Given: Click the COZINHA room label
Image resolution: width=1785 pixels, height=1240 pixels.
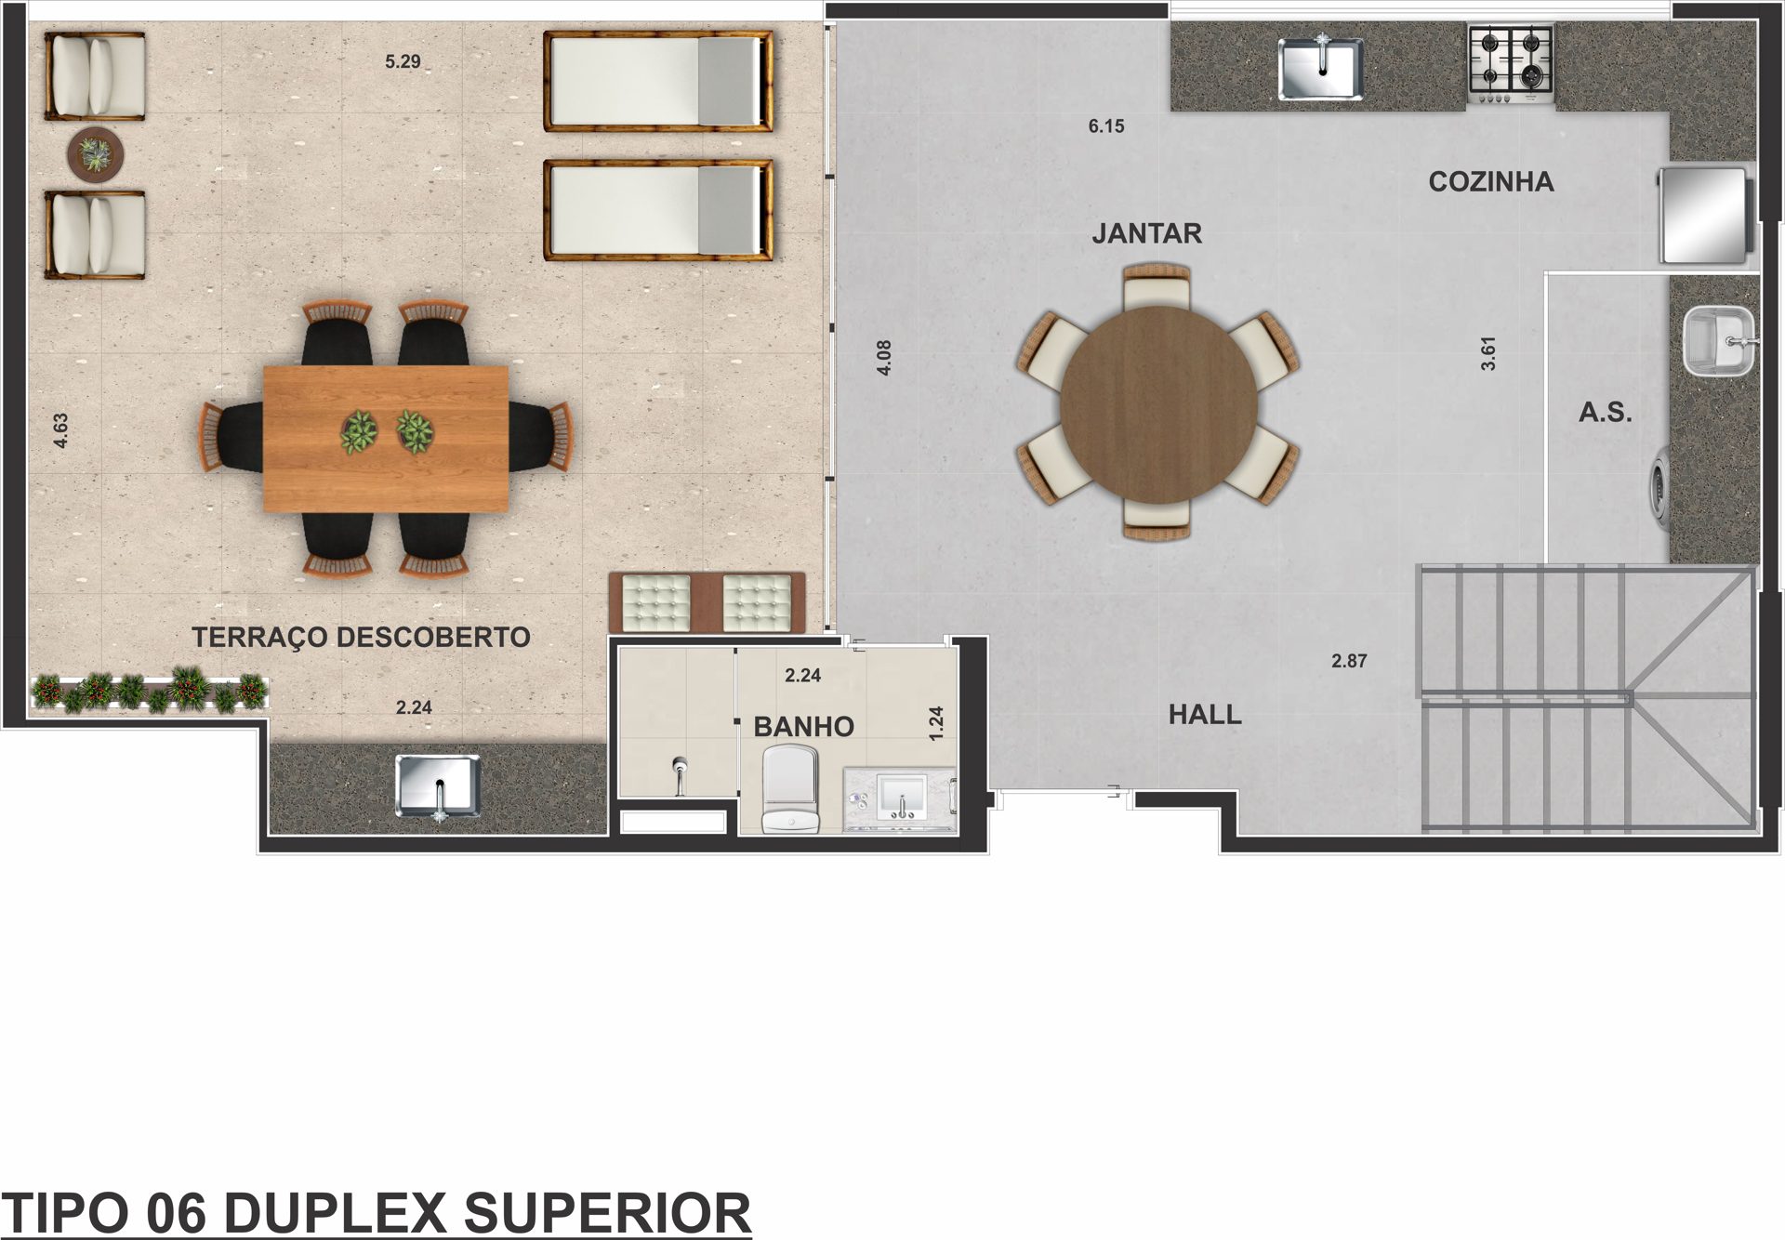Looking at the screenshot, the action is pyautogui.click(x=1490, y=181).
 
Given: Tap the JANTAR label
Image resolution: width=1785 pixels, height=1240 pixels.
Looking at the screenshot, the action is pyautogui.click(x=1146, y=233).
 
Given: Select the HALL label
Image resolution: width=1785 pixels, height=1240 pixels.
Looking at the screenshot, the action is pyautogui.click(x=1205, y=715).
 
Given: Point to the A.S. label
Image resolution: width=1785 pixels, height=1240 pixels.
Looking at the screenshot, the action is pyautogui.click(x=1606, y=412).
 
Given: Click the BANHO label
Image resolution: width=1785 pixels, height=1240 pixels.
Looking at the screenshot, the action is pyautogui.click(x=803, y=727).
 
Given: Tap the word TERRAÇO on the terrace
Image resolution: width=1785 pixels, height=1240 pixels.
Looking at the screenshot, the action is pyautogui.click(x=259, y=638).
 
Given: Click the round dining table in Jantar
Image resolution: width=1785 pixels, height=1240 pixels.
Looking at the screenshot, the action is pyautogui.click(x=1158, y=405).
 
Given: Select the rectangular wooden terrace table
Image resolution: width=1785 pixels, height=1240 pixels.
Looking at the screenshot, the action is pyautogui.click(x=386, y=439).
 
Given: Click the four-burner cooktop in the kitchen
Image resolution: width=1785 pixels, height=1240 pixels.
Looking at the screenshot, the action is pyautogui.click(x=1511, y=63).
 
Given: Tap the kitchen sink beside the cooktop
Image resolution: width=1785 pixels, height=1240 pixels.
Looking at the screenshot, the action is pyautogui.click(x=1321, y=68).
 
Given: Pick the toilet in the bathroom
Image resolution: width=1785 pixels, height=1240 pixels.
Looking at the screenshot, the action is pyautogui.click(x=789, y=790).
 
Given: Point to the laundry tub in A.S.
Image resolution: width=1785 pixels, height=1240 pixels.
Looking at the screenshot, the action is pyautogui.click(x=1718, y=342).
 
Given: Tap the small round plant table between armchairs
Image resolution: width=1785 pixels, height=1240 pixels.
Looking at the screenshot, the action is pyautogui.click(x=95, y=153).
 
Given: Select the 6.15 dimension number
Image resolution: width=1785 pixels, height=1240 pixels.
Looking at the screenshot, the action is pyautogui.click(x=1106, y=126).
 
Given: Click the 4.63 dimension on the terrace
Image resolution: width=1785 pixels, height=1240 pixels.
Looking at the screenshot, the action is pyautogui.click(x=61, y=431).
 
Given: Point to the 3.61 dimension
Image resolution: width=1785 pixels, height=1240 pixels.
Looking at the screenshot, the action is pyautogui.click(x=1488, y=353).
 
